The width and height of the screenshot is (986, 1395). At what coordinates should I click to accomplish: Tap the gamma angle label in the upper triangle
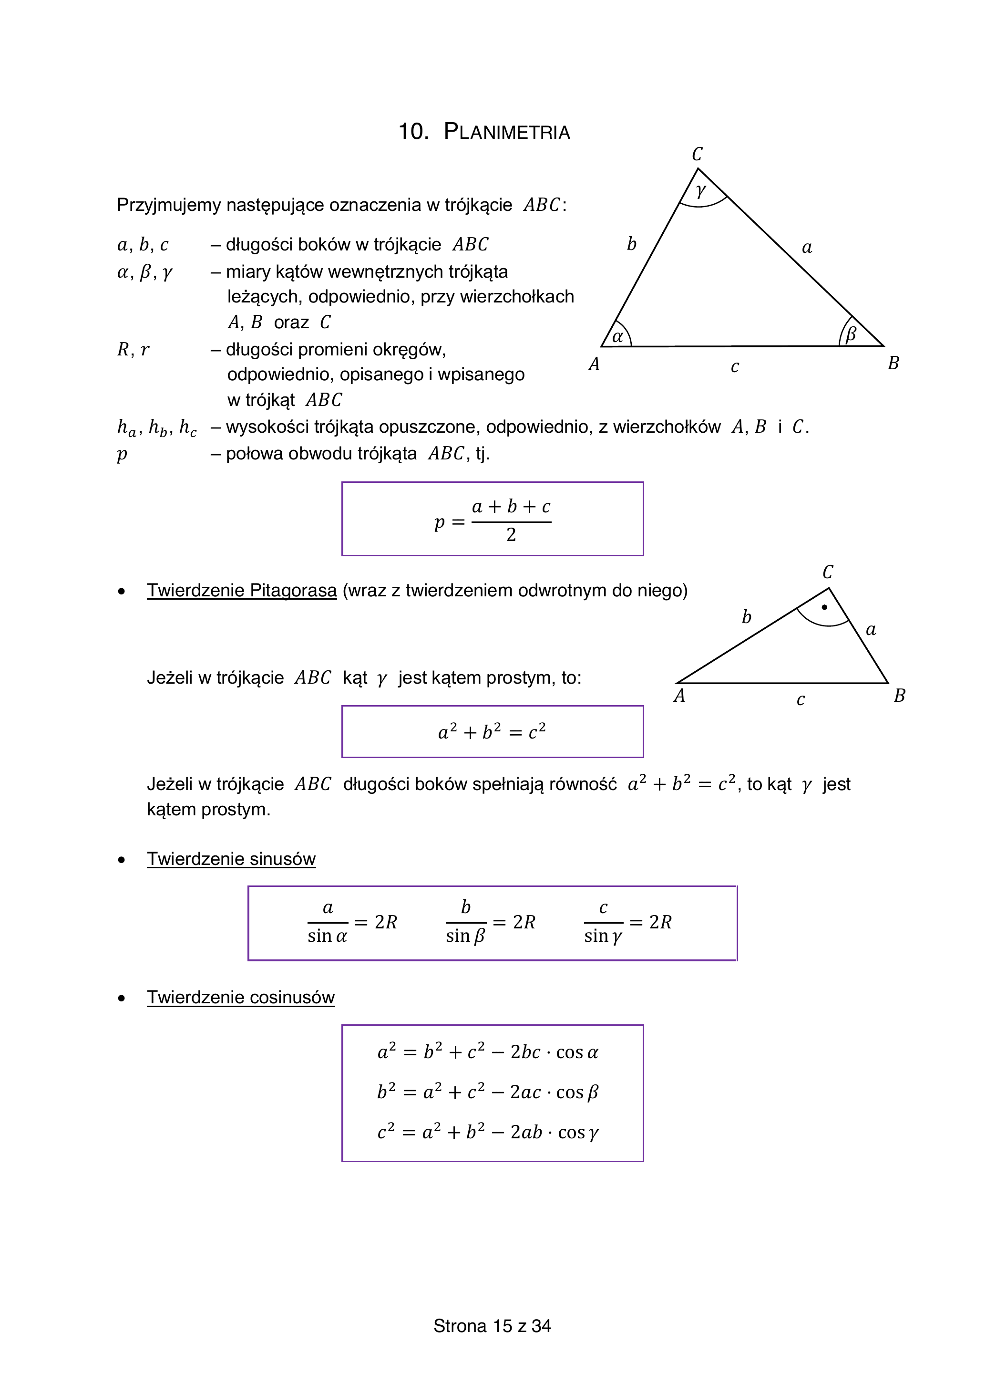pyautogui.click(x=701, y=191)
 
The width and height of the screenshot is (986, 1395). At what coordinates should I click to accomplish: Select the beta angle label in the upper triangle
pyautogui.click(x=851, y=333)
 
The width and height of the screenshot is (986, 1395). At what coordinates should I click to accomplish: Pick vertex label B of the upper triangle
pyautogui.click(x=893, y=364)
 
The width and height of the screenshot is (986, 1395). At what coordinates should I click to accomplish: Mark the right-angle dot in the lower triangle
pyautogui.click(x=824, y=607)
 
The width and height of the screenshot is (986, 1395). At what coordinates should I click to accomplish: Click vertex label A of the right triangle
pyautogui.click(x=679, y=696)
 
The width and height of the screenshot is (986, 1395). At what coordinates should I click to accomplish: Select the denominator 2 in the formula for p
pyautogui.click(x=511, y=535)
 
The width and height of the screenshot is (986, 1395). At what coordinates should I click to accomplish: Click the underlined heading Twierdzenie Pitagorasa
pyautogui.click(x=242, y=591)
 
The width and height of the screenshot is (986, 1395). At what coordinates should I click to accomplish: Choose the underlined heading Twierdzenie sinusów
pyautogui.click(x=231, y=859)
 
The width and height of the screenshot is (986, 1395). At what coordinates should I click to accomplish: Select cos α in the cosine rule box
pyautogui.click(x=577, y=1052)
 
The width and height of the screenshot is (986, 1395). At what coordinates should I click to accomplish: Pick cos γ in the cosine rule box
pyautogui.click(x=578, y=1133)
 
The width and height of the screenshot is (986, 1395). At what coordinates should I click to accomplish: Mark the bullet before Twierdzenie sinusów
pyautogui.click(x=122, y=860)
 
